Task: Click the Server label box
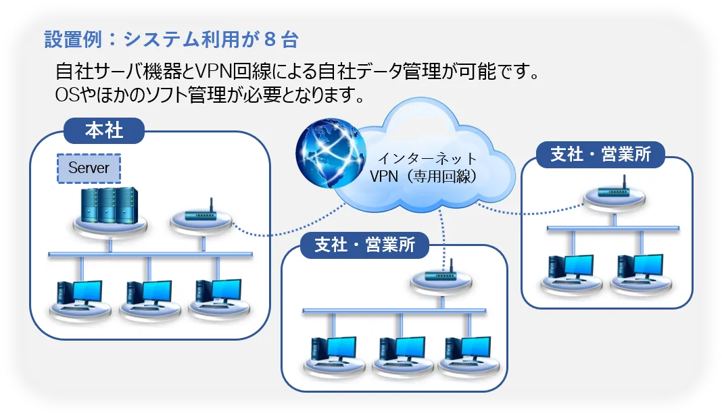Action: tap(89, 168)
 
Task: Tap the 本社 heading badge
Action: tap(104, 130)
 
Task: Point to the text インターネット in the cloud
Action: tap(427, 160)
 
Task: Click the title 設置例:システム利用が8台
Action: tap(170, 40)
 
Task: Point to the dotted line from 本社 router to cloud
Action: tap(284, 233)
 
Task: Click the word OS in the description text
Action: tap(66, 95)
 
